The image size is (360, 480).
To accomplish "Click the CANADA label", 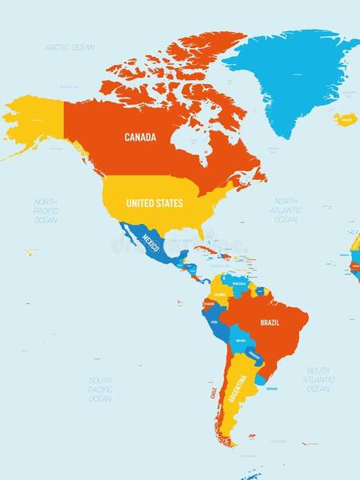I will [140, 138].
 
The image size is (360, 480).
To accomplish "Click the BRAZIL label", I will [270, 323].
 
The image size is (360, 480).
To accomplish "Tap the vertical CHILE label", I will [214, 394].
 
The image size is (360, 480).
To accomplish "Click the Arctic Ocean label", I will [70, 48].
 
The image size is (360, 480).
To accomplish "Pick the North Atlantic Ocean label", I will [286, 210].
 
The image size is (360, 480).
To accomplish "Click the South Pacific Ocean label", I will [100, 389].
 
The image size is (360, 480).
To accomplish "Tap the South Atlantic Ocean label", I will [318, 379].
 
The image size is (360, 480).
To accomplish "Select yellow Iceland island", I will [346, 120].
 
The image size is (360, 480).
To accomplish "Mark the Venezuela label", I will [239, 284].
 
